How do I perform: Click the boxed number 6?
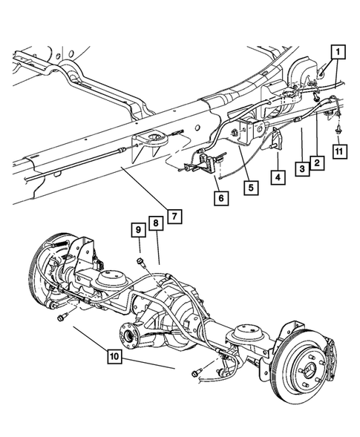222,198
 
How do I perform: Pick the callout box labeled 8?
155,223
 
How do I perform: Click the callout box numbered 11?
338,152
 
